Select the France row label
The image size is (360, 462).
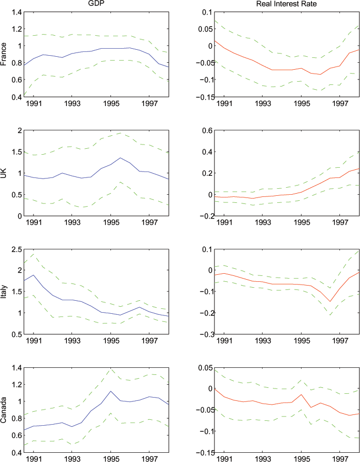(x=5, y=55)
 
